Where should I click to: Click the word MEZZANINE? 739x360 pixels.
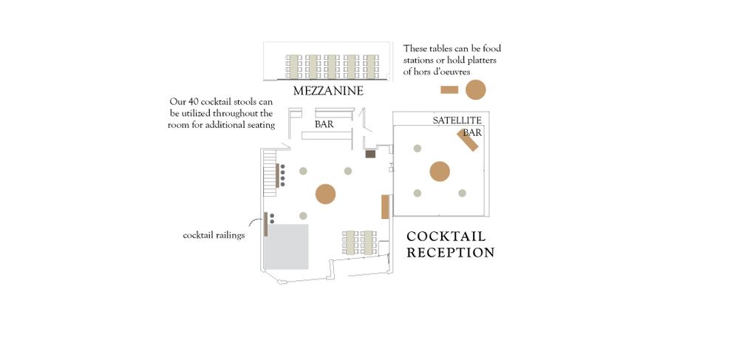[x=328, y=92]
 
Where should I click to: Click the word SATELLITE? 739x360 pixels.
[x=457, y=120]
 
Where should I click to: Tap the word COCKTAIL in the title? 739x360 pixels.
[x=446, y=237]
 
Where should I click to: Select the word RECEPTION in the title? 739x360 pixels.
[x=451, y=253]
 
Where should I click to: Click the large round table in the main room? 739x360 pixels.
[x=325, y=194]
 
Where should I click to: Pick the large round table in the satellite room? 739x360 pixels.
[x=440, y=171]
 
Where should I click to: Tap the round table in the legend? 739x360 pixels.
[x=475, y=89]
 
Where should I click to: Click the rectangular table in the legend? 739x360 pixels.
[x=449, y=89]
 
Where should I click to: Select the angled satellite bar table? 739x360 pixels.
[x=470, y=140]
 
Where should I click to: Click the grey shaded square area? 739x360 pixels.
[x=287, y=246]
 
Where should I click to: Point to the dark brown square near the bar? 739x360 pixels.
[x=371, y=154]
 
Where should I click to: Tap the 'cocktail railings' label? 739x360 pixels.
[x=214, y=236]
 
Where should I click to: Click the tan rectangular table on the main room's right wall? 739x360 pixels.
[x=385, y=206]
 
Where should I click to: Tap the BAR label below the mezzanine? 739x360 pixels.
[x=324, y=125]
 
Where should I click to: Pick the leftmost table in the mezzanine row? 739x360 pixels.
[x=293, y=67]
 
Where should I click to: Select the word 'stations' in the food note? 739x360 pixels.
[x=421, y=60]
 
